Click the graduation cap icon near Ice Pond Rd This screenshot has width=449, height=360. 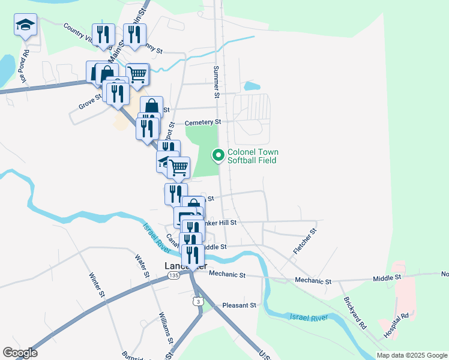coord(25,25)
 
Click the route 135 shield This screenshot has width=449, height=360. coord(173,275)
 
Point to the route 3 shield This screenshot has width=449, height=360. coord(197,301)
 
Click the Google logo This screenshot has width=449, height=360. coord(20,353)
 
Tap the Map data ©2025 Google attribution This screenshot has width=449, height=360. coord(412,355)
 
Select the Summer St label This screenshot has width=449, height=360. coord(216,81)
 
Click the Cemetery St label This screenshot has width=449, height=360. coord(203,122)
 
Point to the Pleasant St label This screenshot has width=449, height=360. coord(239,305)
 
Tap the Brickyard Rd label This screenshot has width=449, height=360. coord(355,313)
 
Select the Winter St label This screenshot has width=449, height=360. coord(97,285)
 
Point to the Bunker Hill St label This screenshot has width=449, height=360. coord(220,222)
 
